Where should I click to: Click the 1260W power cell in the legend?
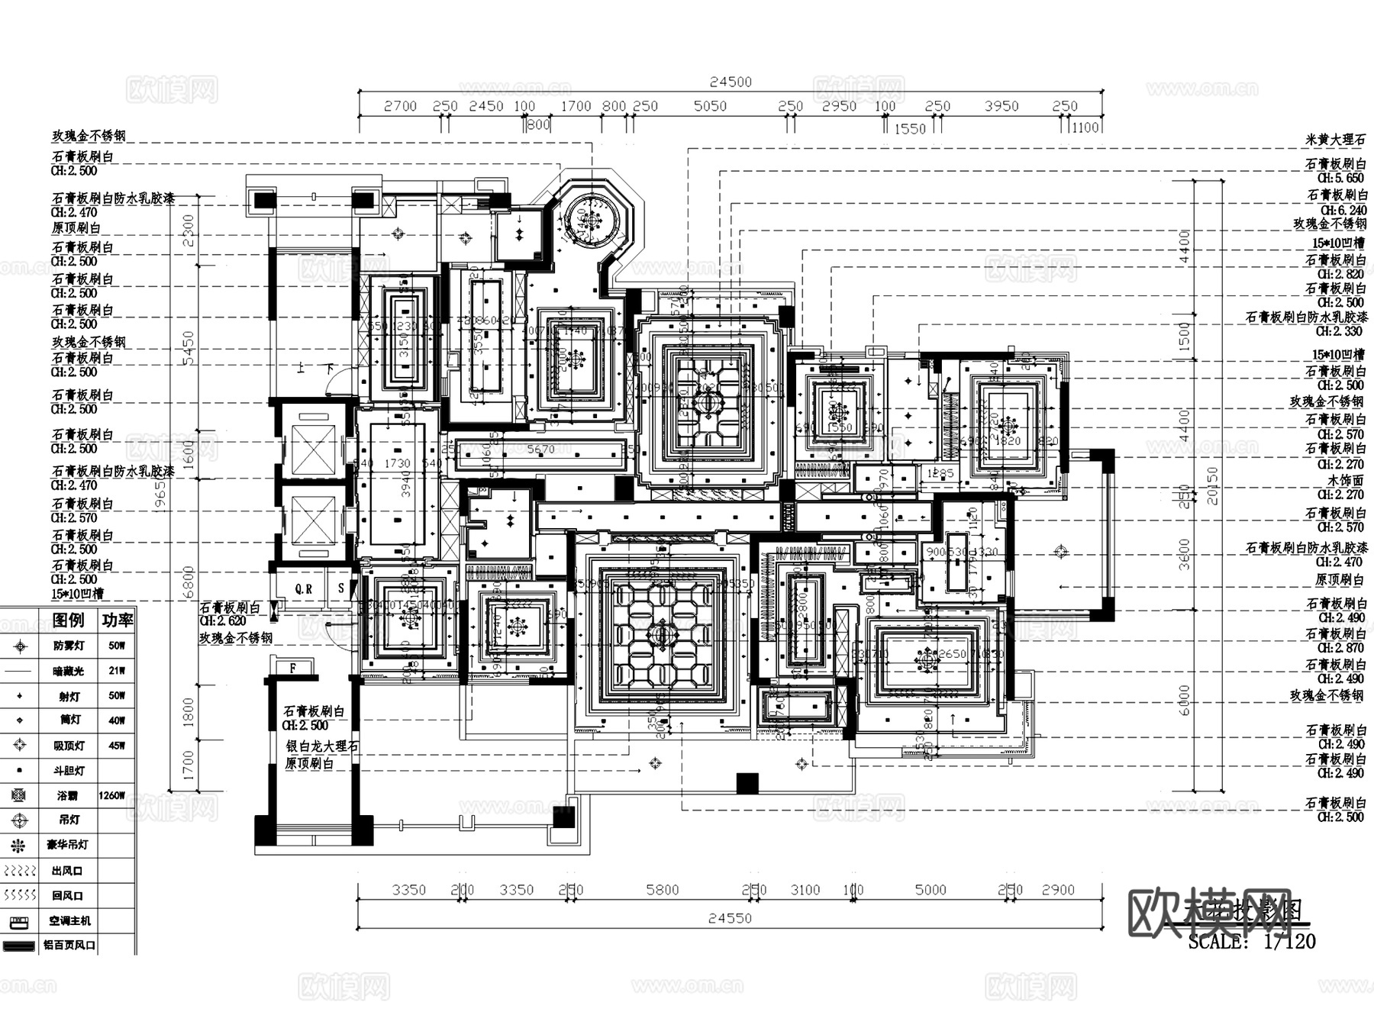pos(111,795)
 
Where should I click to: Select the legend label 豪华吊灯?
pos(68,845)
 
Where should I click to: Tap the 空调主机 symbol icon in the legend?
pos(19,921)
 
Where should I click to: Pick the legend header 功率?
pos(118,620)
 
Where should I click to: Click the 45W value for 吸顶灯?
pos(116,746)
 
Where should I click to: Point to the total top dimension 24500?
pos(731,82)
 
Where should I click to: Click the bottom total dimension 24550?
pos(730,918)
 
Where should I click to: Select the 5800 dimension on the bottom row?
pos(662,890)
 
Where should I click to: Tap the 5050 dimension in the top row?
pos(710,106)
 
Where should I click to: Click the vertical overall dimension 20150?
pos(1212,485)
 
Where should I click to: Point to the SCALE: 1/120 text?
pos(1252,942)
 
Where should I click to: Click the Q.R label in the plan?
pos(304,589)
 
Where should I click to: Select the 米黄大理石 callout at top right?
pos(1335,140)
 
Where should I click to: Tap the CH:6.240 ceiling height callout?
pos(1343,210)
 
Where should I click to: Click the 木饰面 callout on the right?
pos(1345,481)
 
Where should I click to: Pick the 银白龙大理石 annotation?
pos(322,746)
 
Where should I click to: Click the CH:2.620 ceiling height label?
pos(222,621)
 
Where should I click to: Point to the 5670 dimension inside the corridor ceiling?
pos(540,450)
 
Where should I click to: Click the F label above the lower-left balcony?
pos(292,668)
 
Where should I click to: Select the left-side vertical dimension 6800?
pos(188,582)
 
